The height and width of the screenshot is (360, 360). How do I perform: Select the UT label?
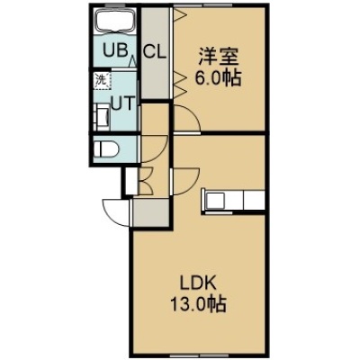point(121,103)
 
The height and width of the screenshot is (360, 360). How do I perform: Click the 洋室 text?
point(218,57)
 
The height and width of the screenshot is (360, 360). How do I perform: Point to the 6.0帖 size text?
point(218,78)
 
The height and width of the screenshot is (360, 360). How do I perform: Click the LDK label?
point(198,283)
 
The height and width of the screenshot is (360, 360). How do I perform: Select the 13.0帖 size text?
point(198,303)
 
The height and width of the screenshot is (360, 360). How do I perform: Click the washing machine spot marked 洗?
point(102,80)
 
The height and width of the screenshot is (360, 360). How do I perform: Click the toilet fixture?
point(105,148)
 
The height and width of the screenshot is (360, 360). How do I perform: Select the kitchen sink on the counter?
point(215,200)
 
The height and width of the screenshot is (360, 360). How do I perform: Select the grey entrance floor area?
point(151,212)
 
